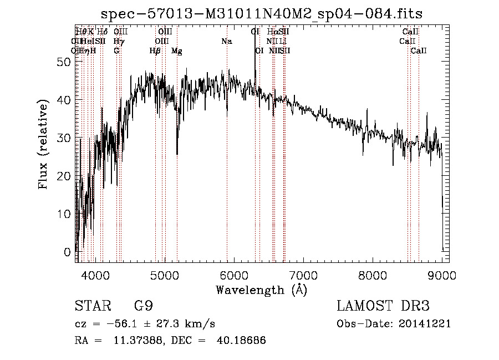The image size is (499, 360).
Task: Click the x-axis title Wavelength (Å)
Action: [x=261, y=290]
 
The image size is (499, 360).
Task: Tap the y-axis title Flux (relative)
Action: [x=43, y=144]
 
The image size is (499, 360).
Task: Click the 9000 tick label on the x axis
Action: [x=442, y=275]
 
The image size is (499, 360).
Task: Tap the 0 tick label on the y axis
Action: [x=68, y=252]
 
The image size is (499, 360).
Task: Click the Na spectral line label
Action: [x=226, y=42]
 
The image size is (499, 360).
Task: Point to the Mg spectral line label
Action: [x=176, y=51]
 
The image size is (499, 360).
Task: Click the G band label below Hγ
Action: [x=116, y=51]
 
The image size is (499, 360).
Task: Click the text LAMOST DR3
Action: [x=383, y=306]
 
